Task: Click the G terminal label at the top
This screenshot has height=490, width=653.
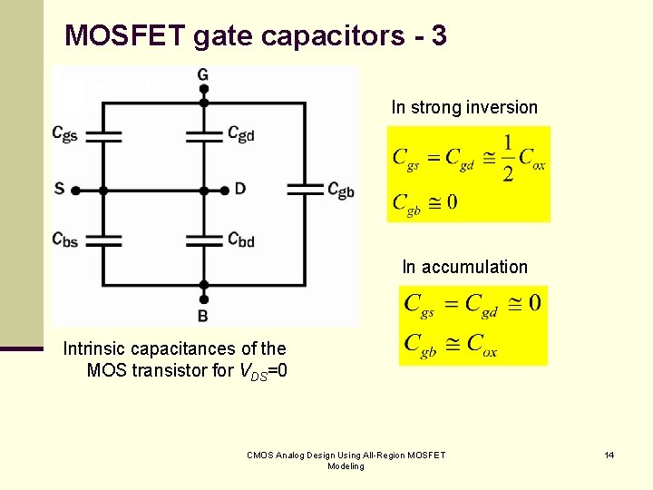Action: [x=202, y=73]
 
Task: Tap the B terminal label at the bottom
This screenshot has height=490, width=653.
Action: [x=202, y=316]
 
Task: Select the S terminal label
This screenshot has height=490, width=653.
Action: [x=59, y=189]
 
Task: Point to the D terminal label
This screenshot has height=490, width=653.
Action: [x=239, y=189]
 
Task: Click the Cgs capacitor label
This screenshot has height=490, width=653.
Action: [x=64, y=134]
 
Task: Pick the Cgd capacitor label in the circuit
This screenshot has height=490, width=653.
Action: [x=240, y=134]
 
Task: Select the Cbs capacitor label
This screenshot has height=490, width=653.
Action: [x=64, y=240]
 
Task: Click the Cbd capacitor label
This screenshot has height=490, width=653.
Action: [x=240, y=240]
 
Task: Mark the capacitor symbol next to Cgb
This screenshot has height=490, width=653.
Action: [x=306, y=189]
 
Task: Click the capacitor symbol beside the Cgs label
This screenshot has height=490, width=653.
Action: [x=102, y=136]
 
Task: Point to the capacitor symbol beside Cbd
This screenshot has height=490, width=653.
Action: [x=204, y=241]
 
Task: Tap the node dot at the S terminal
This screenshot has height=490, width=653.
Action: [x=75, y=191]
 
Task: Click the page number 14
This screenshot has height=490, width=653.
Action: [x=609, y=455]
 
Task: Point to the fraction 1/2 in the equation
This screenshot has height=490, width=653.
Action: [x=507, y=158]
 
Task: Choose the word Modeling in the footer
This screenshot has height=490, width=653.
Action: [x=346, y=466]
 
